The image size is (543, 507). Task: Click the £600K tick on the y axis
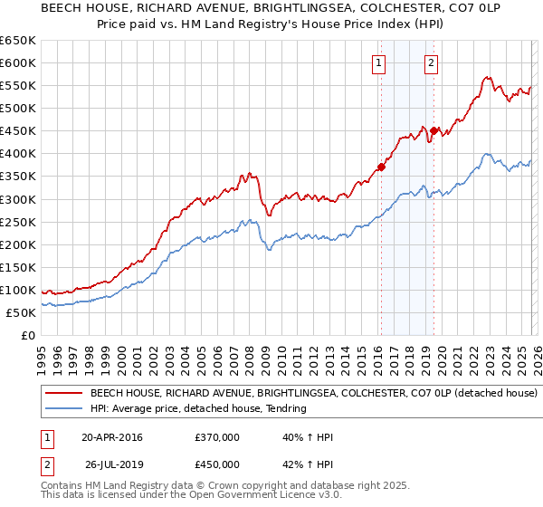[x=18, y=62]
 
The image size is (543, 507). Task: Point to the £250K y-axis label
[x=18, y=222]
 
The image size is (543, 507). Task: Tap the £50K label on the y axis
[x=21, y=312]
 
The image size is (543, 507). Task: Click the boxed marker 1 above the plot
[x=377, y=62]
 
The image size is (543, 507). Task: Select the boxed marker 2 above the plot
[x=431, y=62]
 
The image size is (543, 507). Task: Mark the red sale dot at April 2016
[x=381, y=167]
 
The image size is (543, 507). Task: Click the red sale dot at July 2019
[x=433, y=130]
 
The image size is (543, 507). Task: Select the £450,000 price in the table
[x=217, y=465]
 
